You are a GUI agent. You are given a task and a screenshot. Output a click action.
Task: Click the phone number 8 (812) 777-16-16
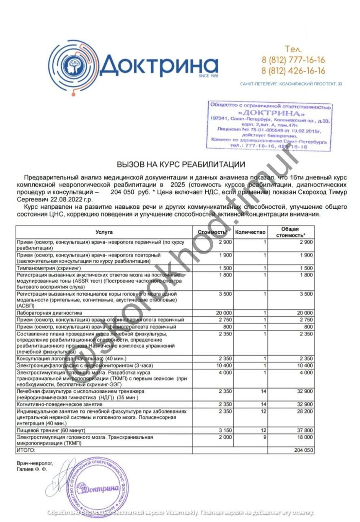293,60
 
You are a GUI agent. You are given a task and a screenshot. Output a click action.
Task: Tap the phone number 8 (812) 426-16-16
293,71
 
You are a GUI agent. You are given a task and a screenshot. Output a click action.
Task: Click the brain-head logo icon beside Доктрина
74,65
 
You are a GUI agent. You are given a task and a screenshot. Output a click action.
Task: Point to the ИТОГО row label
26,450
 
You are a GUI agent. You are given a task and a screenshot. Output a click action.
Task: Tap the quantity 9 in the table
265,437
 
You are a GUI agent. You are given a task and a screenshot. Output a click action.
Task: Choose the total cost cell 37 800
304,430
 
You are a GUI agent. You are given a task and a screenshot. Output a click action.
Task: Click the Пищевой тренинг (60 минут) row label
51,430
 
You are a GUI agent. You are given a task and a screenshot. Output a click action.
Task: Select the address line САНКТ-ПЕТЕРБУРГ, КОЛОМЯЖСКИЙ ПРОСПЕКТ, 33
291,84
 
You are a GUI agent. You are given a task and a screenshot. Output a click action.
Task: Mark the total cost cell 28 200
304,411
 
